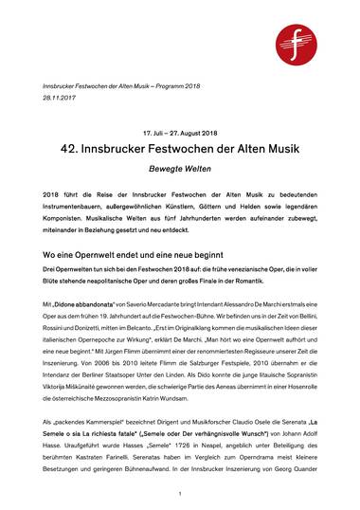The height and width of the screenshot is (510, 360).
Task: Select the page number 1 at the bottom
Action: tap(179, 494)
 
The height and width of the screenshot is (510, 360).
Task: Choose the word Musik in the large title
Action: tap(290, 152)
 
